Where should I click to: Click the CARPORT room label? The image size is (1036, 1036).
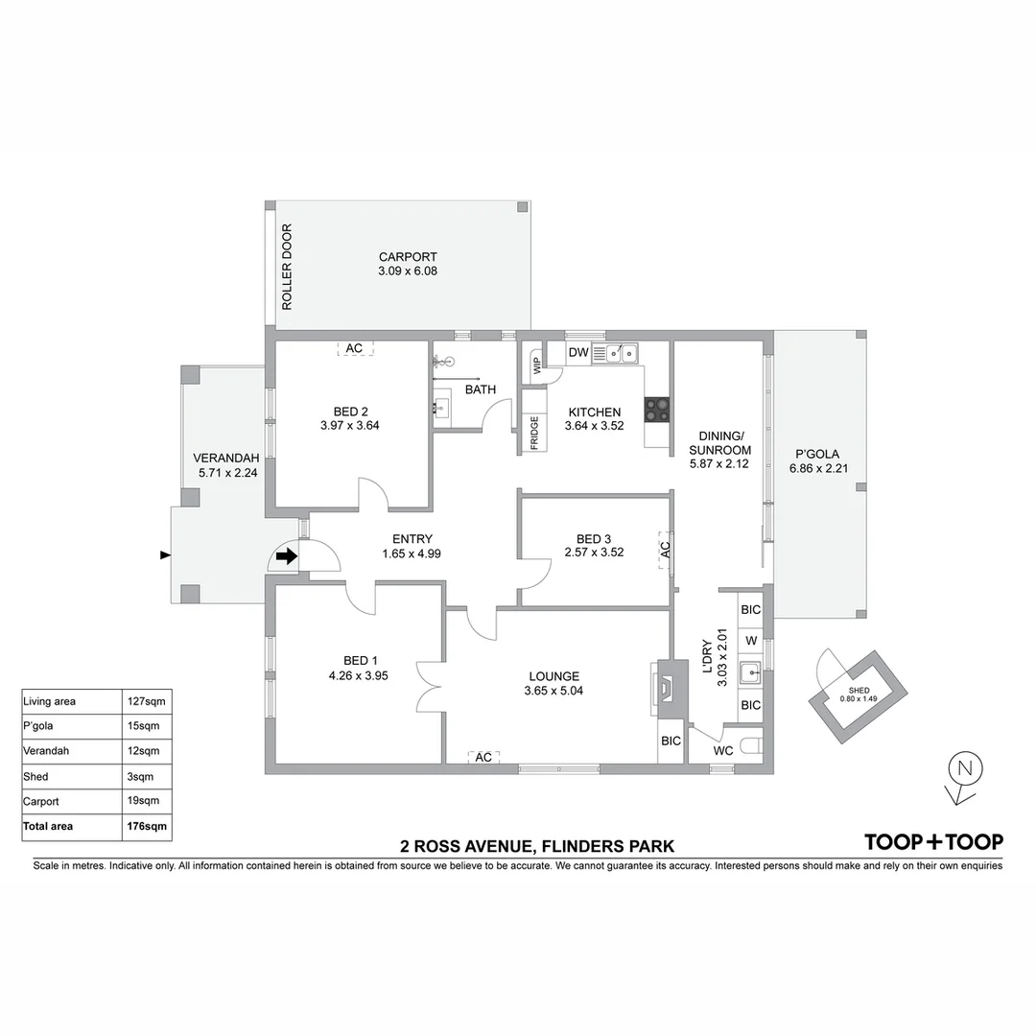click(x=408, y=257)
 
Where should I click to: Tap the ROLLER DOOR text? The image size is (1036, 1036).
click(x=286, y=267)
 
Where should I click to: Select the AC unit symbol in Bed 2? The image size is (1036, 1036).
click(x=354, y=348)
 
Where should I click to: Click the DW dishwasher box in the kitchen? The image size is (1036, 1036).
click(x=577, y=354)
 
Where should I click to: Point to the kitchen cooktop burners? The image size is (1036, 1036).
click(x=657, y=410)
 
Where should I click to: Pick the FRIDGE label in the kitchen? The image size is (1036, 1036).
click(x=533, y=434)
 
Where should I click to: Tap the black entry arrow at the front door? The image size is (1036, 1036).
click(x=286, y=555)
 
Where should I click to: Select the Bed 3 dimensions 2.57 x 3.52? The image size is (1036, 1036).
click(x=594, y=552)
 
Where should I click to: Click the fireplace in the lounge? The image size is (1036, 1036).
click(x=667, y=686)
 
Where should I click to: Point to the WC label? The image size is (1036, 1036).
click(x=722, y=750)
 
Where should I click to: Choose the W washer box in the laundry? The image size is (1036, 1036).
click(x=751, y=640)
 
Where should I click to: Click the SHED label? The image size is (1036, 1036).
click(x=859, y=691)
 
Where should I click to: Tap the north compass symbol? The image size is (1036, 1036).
click(x=965, y=768)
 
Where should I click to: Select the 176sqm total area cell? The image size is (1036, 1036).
click(x=148, y=826)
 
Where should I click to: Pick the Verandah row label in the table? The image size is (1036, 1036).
click(x=43, y=751)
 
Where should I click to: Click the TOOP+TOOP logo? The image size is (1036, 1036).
click(x=933, y=842)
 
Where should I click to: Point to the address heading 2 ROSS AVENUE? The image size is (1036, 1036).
click(x=537, y=846)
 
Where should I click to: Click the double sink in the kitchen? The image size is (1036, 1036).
click(x=617, y=355)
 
